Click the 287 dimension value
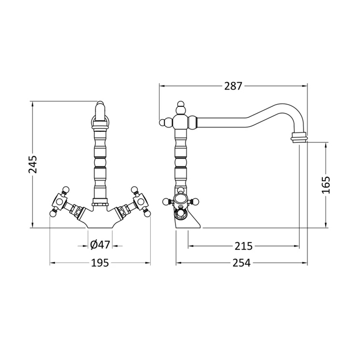[x=233, y=86]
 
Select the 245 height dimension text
[x=32, y=164]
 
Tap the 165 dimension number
[x=326, y=185]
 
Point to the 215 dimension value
[x=243, y=246]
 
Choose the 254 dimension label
[x=241, y=263]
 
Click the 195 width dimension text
[x=100, y=263]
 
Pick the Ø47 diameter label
[x=100, y=245]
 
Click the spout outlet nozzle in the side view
[x=299, y=137]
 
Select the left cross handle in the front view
[x=59, y=202]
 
